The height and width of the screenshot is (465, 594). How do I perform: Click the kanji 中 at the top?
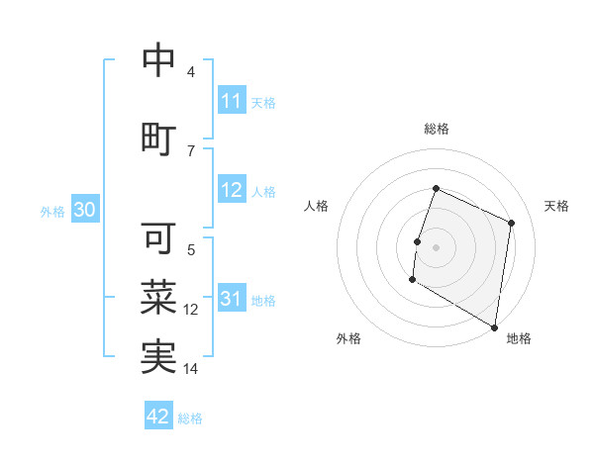coord(158,60)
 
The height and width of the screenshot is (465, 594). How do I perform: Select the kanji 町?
coord(158,136)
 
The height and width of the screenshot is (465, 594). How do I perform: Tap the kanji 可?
coord(158,237)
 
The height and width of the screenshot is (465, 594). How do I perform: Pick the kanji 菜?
coord(158,296)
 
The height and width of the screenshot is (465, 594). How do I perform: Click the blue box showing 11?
coord(231,101)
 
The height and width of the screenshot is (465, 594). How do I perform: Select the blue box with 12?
coord(231,191)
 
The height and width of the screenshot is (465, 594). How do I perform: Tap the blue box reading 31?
coord(231,300)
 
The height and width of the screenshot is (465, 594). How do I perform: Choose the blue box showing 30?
coord(84,210)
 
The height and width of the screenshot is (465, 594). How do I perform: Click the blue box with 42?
coord(158,417)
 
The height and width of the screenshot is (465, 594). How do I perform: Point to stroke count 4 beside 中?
coord(191,72)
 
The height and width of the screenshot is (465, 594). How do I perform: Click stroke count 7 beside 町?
coord(191,150)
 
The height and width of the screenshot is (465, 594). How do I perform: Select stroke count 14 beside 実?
coord(191,369)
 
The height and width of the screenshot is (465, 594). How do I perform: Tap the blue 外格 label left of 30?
coord(52,211)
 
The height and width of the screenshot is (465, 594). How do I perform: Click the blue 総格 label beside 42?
coord(190,418)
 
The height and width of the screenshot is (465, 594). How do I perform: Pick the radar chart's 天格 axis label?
coord(556,206)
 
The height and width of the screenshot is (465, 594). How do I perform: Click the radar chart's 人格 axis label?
coord(317,206)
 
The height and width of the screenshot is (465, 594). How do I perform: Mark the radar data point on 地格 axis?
coord(494,326)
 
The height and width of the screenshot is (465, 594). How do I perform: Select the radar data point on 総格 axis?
coord(436,188)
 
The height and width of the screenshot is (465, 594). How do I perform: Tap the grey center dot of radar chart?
coord(436,247)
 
